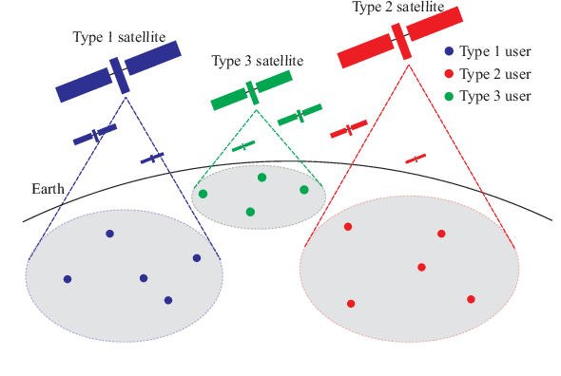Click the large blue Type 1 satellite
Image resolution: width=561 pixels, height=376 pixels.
coord(118,72)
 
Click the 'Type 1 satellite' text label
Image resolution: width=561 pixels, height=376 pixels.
coord(119,37)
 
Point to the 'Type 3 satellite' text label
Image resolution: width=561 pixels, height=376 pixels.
coord(257,61)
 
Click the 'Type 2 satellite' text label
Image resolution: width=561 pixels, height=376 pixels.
coord(397,8)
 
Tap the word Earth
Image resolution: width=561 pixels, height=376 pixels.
coord(48,189)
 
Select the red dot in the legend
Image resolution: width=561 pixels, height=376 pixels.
coord(449,75)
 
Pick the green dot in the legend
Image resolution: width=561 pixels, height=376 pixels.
coord(449,97)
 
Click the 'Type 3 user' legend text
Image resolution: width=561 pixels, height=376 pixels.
coord(494,97)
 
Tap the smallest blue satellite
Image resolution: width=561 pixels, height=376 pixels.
coord(152,158)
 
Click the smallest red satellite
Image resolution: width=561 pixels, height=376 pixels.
coord(416,159)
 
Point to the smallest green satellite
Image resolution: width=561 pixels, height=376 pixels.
coord(243,146)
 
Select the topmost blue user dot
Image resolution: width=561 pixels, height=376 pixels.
coord(110,234)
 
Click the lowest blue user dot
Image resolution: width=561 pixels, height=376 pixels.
coord(168,300)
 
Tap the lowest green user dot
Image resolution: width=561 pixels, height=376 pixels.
coord(250,212)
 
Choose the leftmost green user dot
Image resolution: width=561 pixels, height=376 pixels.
coord(203,194)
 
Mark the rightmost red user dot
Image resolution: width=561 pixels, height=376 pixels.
coord(471,299)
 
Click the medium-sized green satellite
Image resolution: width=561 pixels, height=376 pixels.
coord(300,116)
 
